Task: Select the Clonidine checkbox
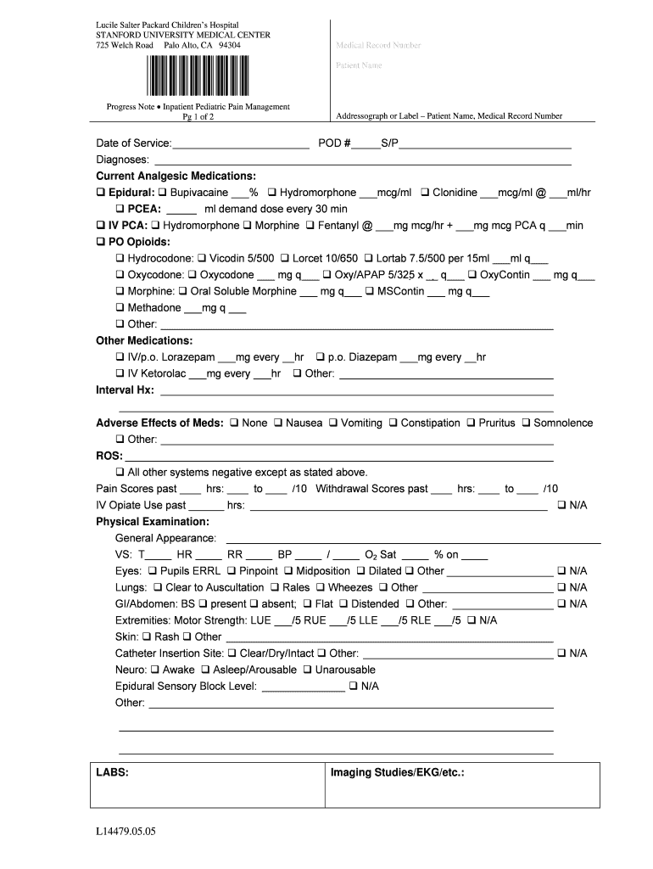coord(426,193)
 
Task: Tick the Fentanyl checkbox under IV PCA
coord(310,226)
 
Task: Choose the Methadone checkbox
coord(120,308)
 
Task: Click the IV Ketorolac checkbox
coord(120,373)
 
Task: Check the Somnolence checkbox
coord(527,423)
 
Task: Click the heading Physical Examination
coord(153,522)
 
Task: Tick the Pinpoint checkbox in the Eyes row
coord(232,571)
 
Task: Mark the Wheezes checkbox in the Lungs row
coord(321,587)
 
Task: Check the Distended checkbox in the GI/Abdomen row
coord(344,604)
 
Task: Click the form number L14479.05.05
coord(126,832)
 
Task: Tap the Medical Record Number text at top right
coord(378,46)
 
